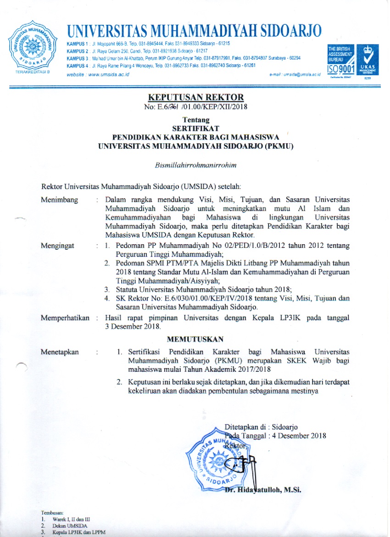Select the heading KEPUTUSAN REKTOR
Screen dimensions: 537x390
pos(195,97)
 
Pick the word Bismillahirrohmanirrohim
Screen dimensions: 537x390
pos(195,164)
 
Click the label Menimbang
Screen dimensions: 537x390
pos(59,200)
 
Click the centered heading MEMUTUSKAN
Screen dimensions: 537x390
pos(195,339)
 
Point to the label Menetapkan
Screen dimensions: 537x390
pos(60,352)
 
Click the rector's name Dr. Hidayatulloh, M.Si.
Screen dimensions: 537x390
pos(262,490)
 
